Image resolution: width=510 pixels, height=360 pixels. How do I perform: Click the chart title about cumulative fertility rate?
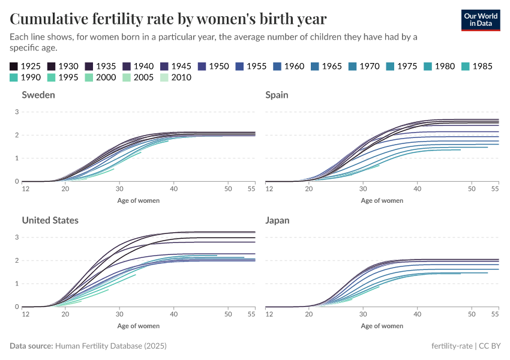tap(168, 19)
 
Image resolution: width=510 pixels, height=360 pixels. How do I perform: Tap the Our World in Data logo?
tap(480, 19)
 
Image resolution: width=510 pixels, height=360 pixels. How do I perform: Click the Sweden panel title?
tap(39, 95)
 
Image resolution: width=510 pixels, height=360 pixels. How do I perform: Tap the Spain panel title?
tap(277, 95)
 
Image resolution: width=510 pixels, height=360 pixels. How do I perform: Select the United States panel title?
tap(50, 220)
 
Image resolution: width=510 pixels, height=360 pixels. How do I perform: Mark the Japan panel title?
tap(277, 220)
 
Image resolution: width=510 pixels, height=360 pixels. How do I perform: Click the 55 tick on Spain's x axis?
tap(495, 189)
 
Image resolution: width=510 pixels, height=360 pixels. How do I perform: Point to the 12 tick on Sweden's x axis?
tap(26, 189)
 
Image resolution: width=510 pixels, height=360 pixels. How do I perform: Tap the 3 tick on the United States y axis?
tap(17, 238)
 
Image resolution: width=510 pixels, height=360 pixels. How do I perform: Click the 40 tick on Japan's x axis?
tap(417, 314)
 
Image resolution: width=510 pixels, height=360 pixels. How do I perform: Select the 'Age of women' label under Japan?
tap(382, 326)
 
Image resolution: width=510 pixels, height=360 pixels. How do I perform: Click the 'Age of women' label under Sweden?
tap(138, 200)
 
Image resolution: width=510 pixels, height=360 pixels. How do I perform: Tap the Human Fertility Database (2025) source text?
tap(110, 346)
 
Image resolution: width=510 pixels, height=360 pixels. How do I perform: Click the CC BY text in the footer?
tap(491, 346)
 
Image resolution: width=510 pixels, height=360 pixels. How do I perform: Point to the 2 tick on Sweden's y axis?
tap(17, 135)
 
